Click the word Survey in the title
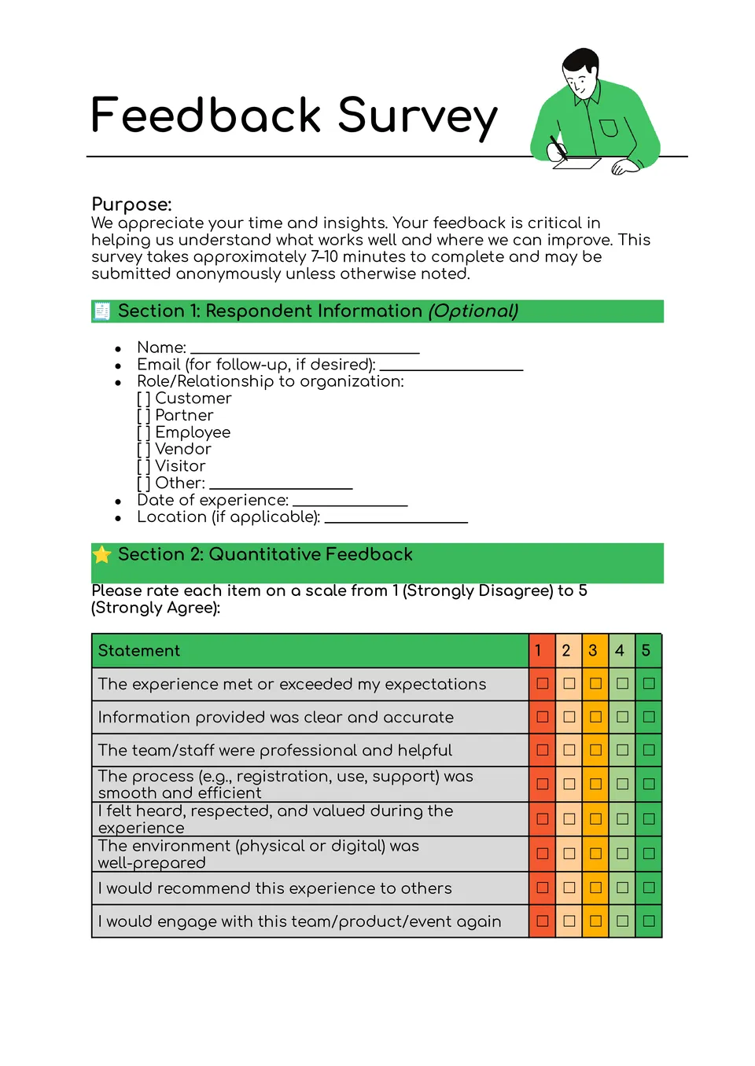pos(418,116)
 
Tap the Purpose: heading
pos(131,204)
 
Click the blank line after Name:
pos(305,351)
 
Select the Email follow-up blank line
pos(451,367)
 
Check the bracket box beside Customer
pos(143,399)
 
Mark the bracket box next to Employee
pos(143,432)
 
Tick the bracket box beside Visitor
pos(143,466)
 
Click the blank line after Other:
pos(281,486)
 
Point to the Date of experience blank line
pos(350,503)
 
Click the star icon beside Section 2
pos(101,555)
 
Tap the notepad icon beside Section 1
pos(101,311)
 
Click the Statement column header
pos(139,651)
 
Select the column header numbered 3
pos(593,651)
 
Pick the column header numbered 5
pos(646,651)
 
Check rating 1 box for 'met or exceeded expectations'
pos(543,684)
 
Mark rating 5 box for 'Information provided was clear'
pos(649,717)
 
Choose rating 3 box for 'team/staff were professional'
pos(596,750)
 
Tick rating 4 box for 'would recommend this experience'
pos(622,888)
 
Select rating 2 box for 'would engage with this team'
pos(569,921)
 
